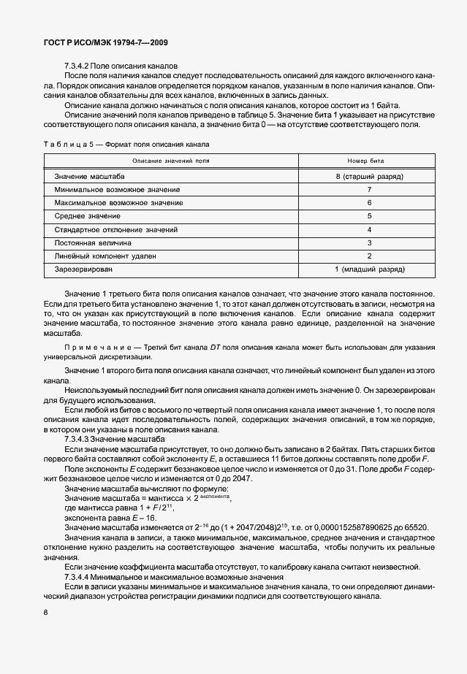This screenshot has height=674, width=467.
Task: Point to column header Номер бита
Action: (369, 160)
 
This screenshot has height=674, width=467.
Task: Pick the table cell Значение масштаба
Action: (88, 177)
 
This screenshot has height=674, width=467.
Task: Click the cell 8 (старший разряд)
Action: (370, 177)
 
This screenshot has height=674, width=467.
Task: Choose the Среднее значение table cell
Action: (87, 216)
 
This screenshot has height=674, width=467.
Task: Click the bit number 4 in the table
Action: (370, 230)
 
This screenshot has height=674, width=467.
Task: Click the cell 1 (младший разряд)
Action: (370, 269)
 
